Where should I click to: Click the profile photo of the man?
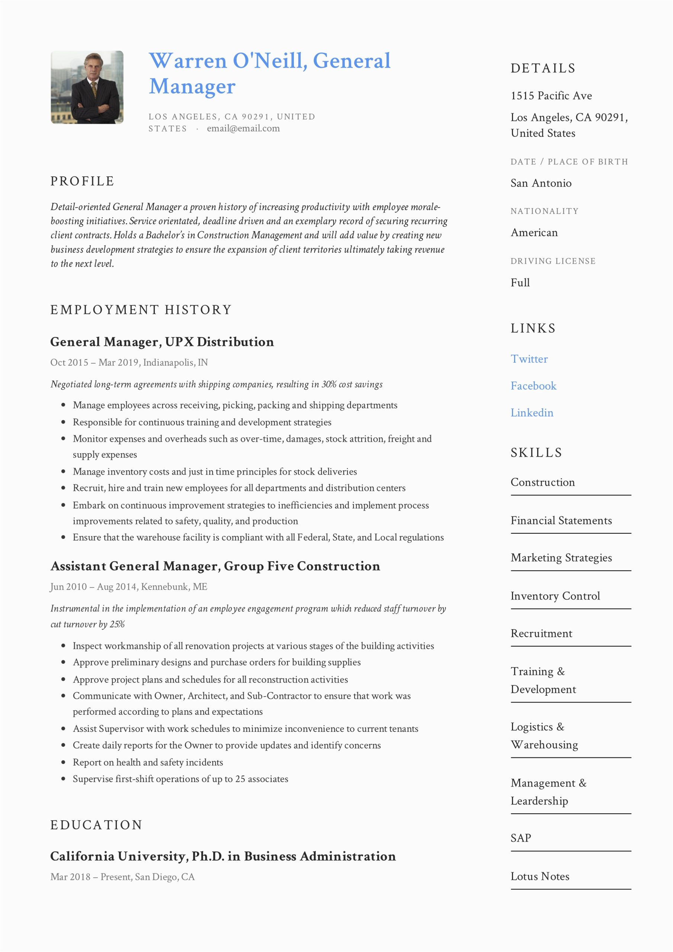click(87, 87)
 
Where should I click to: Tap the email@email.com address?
click(243, 129)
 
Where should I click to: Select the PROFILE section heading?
click(82, 181)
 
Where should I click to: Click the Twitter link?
click(529, 359)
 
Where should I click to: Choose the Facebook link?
click(533, 386)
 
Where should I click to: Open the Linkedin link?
click(532, 413)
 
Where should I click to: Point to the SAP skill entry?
click(521, 838)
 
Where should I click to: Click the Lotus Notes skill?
click(540, 877)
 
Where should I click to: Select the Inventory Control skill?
click(555, 596)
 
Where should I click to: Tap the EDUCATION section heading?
click(96, 825)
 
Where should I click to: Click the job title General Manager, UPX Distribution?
click(162, 342)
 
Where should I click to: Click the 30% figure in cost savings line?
click(329, 385)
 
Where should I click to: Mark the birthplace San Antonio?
click(541, 183)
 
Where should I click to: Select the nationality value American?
click(534, 233)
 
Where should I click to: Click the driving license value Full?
click(520, 283)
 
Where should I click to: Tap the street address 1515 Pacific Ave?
click(551, 96)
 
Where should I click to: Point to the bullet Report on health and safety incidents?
click(148, 762)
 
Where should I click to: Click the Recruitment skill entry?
click(541, 634)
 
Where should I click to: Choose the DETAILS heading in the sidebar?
click(543, 68)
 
